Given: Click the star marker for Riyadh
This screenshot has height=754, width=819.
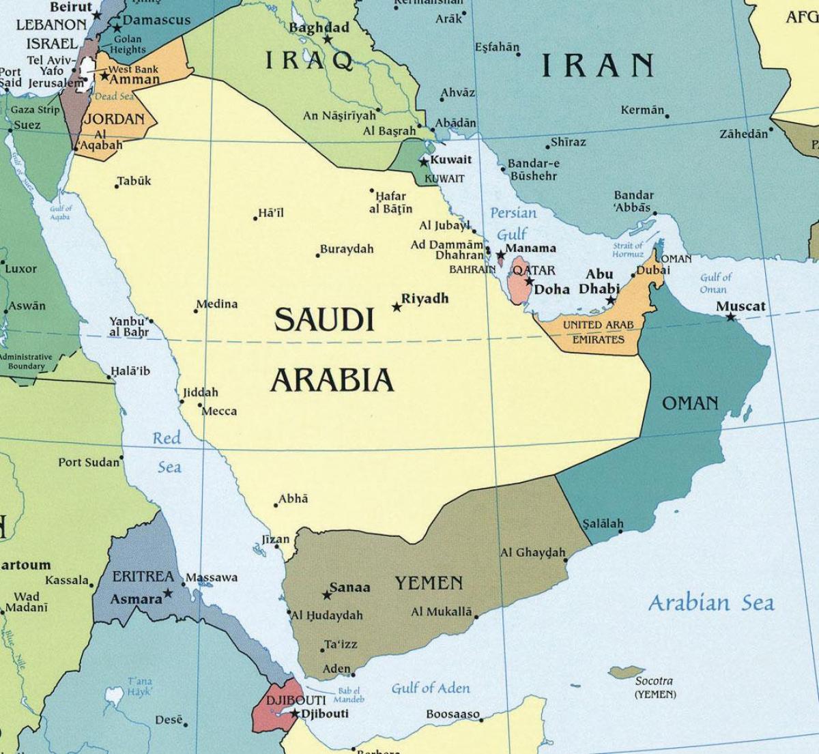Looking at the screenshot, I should [397, 307].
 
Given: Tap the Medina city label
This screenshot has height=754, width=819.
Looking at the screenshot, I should [217, 304].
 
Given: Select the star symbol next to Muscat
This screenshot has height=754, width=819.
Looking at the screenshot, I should [731, 317].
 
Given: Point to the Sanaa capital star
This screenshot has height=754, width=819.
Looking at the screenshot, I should [327, 595].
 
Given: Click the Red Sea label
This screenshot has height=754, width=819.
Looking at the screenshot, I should [167, 452].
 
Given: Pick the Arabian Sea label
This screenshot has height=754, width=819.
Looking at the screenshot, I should [710, 603].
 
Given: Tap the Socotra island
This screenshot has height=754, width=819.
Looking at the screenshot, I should [627, 672].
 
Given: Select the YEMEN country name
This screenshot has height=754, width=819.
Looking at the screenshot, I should [429, 583].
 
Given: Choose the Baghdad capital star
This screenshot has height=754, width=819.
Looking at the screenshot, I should [328, 40].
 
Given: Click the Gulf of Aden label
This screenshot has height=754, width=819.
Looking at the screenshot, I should [431, 688].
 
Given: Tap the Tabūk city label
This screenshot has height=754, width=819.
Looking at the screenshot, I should [134, 181].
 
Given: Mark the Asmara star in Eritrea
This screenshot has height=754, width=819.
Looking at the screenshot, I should [168, 594].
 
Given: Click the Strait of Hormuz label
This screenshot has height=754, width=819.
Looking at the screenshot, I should [627, 250].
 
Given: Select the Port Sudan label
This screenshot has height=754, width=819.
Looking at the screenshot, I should [89, 463].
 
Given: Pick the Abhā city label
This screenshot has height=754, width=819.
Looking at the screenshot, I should [294, 499].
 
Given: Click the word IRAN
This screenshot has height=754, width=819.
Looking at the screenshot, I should [598, 66].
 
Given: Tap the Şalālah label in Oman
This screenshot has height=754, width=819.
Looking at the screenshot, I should [603, 524].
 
